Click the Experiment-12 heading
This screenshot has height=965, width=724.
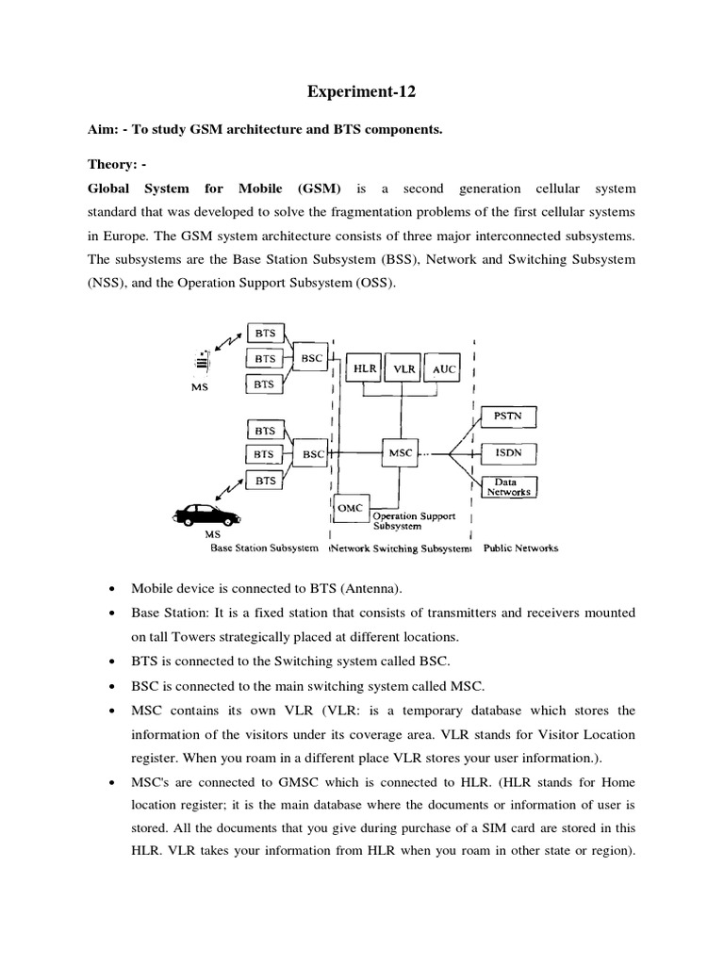point(361,92)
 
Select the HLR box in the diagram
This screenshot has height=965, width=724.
point(363,370)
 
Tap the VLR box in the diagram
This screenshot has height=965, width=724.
point(403,370)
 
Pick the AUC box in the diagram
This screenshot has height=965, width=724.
point(443,370)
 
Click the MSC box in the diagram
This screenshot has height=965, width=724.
point(401,453)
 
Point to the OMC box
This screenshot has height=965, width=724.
point(351,509)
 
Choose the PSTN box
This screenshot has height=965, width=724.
point(508,414)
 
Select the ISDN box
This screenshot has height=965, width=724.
point(508,453)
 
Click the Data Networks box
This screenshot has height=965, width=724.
point(508,487)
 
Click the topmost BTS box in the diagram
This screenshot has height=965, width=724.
point(265,333)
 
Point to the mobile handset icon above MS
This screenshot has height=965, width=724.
point(202,360)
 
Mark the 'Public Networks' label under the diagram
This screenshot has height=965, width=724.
point(520,548)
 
